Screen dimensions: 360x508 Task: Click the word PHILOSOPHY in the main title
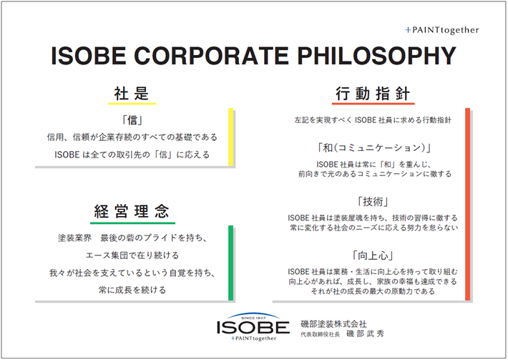pos(379,57)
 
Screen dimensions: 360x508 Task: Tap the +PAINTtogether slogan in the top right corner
pos(441,30)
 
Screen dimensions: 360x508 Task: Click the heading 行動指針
pos(372,94)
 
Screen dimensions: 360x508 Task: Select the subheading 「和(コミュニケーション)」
pos(372,148)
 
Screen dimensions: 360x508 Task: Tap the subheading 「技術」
pos(372,201)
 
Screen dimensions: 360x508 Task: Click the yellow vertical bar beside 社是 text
pos(230,137)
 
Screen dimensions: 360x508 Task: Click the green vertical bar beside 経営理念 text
pos(230,263)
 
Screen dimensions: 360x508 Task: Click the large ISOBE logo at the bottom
pos(253,326)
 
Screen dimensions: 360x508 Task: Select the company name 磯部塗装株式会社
pos(334,324)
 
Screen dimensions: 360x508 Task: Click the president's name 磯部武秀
pos(369,334)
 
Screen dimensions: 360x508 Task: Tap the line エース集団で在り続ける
pos(132,255)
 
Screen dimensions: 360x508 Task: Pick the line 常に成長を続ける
pos(132,290)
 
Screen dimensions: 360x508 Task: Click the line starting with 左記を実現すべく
pos(372,121)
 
